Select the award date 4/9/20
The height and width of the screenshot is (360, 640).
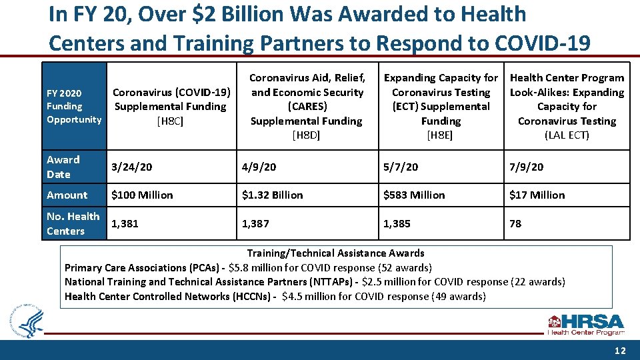point(259,167)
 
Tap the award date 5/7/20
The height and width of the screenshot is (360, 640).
point(401,167)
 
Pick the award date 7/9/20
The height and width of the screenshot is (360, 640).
point(526,167)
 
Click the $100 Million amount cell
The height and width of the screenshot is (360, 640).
point(142,195)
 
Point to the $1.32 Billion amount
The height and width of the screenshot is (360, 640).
point(273,195)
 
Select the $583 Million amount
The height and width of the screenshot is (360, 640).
point(414,195)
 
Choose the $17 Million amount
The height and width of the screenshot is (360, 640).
point(537,195)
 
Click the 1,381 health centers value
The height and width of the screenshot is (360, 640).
point(125,223)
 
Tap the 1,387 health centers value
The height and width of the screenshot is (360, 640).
point(256,223)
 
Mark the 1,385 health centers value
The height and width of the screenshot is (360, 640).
point(397,223)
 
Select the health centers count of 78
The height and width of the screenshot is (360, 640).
point(515,223)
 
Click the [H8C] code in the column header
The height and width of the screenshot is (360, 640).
point(170,121)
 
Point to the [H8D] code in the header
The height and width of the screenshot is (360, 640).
point(307,135)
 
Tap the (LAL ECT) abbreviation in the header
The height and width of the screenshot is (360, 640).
point(567,135)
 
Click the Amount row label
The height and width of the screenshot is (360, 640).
point(67,195)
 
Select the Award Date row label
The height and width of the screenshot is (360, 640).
point(63,167)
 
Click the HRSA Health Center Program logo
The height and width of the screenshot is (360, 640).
point(585,324)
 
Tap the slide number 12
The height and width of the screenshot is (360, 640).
point(620,351)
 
